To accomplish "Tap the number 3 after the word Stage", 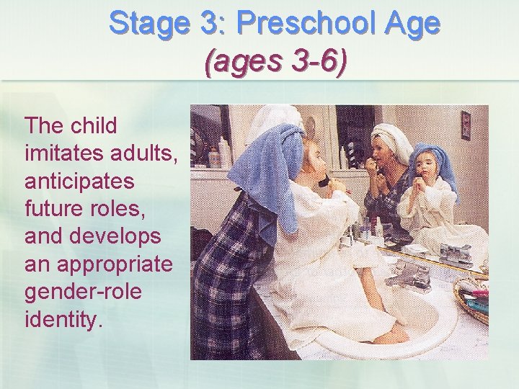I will coord(210,24).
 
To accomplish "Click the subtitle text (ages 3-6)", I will coord(276,63).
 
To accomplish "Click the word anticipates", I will coord(79,181).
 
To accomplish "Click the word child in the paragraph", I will coord(94,126).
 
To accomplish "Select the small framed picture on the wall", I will coord(466,124).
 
